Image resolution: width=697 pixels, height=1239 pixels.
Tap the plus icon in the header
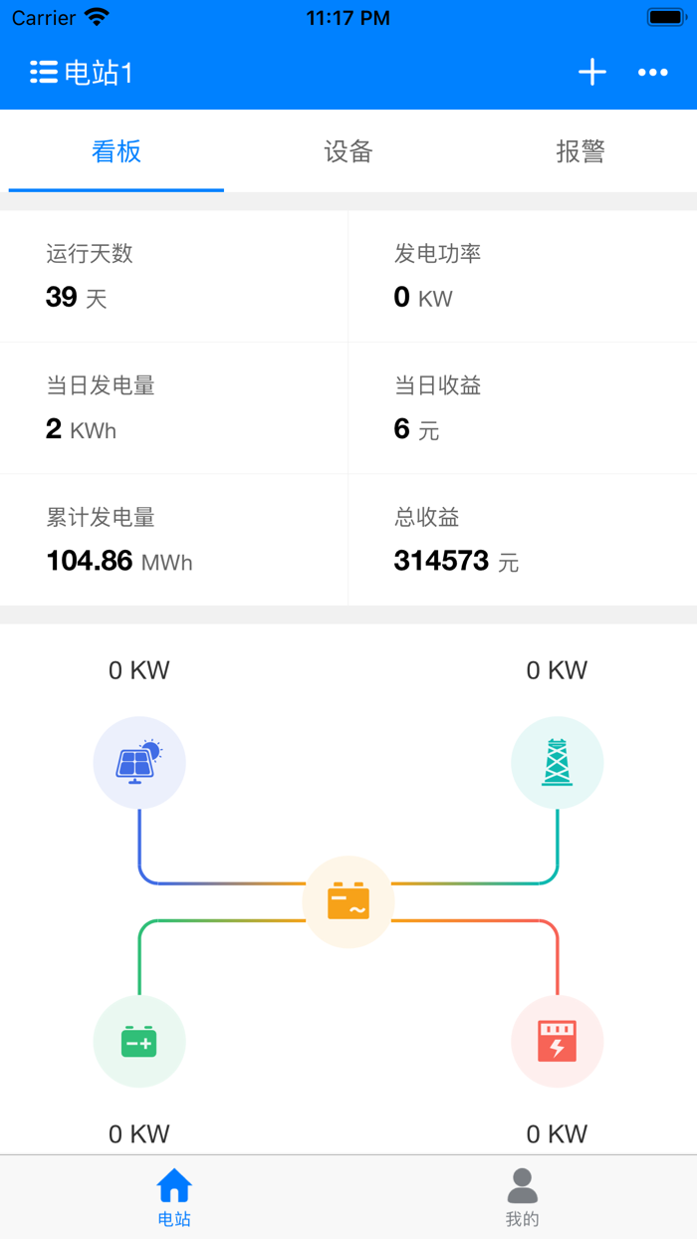(x=592, y=72)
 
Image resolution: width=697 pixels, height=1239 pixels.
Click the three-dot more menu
(x=653, y=72)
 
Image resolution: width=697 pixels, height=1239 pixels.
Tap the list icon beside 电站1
(x=43, y=72)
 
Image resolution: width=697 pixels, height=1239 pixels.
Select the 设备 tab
(x=348, y=151)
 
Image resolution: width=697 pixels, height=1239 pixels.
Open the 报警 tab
(x=581, y=151)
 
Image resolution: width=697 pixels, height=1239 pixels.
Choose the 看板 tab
(x=116, y=151)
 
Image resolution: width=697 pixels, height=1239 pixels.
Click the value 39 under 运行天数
(x=62, y=297)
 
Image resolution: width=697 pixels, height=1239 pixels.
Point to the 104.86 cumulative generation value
(x=90, y=561)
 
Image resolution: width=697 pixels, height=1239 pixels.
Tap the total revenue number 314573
(x=442, y=561)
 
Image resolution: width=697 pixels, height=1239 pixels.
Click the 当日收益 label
(x=438, y=385)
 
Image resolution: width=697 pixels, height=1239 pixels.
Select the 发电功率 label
(x=438, y=254)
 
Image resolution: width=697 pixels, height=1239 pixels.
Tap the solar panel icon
(x=139, y=762)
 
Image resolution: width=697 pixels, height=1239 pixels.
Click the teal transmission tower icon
(x=557, y=762)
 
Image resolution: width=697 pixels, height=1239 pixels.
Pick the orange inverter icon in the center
(x=348, y=901)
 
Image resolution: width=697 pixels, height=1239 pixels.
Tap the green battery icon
(x=139, y=1042)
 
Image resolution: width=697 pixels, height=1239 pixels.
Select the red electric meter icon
(x=557, y=1042)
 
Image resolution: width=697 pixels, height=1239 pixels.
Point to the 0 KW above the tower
(x=557, y=670)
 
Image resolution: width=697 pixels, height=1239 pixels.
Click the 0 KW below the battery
(x=139, y=1133)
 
